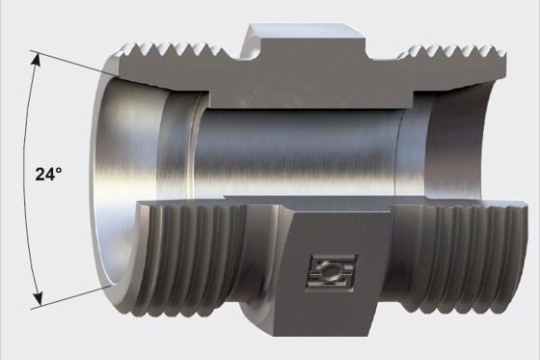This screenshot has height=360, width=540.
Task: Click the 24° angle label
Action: point(48,174)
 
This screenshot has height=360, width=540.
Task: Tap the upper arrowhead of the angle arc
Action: point(37,60)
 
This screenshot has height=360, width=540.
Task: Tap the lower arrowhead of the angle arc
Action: point(37,298)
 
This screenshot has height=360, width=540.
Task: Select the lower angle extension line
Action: point(71,297)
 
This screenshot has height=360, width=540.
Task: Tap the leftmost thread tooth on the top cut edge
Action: point(128,50)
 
